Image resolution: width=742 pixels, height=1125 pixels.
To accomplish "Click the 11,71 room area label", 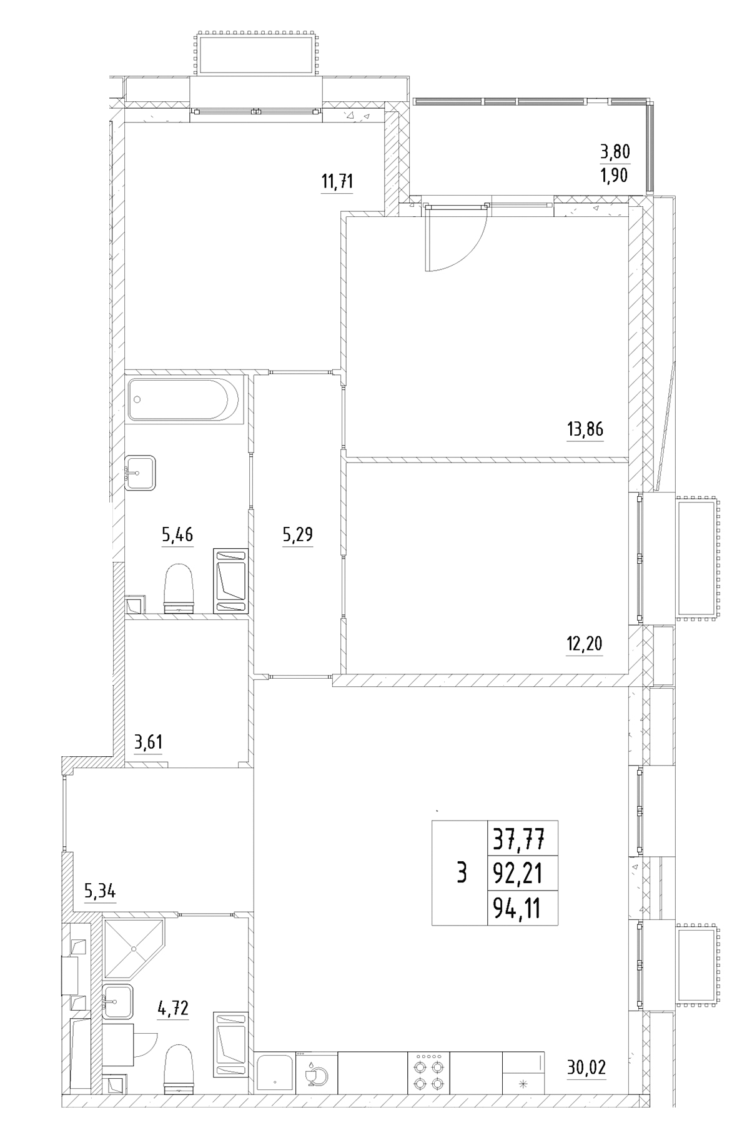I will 337,182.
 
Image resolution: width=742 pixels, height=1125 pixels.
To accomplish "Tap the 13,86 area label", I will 585,429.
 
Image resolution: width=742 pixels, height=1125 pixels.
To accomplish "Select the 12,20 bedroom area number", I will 584,643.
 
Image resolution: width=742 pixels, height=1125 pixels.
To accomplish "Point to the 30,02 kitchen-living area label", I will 586,1067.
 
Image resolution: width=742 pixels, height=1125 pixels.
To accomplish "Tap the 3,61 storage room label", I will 150,742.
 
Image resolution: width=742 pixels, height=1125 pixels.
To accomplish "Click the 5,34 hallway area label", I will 100,890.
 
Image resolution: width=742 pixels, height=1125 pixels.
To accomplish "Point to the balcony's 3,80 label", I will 615,151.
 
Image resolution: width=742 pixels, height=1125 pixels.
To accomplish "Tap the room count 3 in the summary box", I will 462,872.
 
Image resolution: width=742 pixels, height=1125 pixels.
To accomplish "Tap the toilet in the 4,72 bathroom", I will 179,1069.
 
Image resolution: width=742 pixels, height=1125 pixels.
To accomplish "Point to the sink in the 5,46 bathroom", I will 140,473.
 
